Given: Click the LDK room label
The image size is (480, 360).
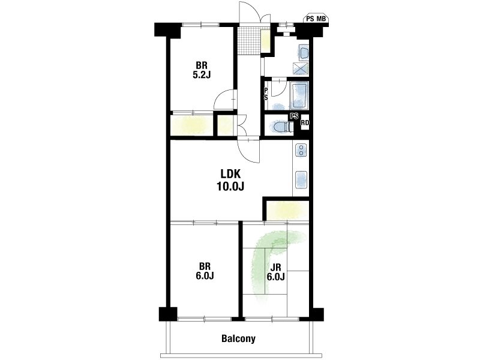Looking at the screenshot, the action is click(x=231, y=174).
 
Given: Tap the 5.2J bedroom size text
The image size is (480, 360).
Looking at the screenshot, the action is click(x=202, y=75).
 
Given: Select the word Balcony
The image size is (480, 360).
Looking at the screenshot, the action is click(x=238, y=339).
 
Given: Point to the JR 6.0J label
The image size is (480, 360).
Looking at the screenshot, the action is click(x=276, y=272).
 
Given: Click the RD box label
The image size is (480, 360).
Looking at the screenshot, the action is click(x=305, y=123).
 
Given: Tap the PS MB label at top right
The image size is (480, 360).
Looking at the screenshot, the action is click(x=316, y=19).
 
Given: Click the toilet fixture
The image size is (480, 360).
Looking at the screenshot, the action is click(x=281, y=127).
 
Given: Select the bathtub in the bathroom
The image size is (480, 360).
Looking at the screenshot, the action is click(x=299, y=95).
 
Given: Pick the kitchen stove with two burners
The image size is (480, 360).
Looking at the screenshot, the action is click(x=301, y=151).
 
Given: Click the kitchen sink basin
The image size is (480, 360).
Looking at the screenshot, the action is click(x=301, y=180).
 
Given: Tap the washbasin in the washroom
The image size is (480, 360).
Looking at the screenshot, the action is click(x=305, y=53).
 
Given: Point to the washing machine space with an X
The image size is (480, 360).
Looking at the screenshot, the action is click(x=301, y=68).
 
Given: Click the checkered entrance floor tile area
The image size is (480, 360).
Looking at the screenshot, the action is click(x=250, y=41).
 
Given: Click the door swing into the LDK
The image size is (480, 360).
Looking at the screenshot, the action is click(x=248, y=151).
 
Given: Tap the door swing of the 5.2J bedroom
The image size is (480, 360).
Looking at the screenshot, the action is click(x=224, y=99).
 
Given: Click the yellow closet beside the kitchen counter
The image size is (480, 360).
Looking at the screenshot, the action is click(x=288, y=211).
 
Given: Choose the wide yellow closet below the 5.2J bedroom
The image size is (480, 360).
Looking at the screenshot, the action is click(x=192, y=125).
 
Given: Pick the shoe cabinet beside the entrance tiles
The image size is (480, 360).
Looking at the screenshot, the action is click(x=265, y=41).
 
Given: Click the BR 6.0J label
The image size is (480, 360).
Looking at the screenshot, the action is click(x=205, y=271).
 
